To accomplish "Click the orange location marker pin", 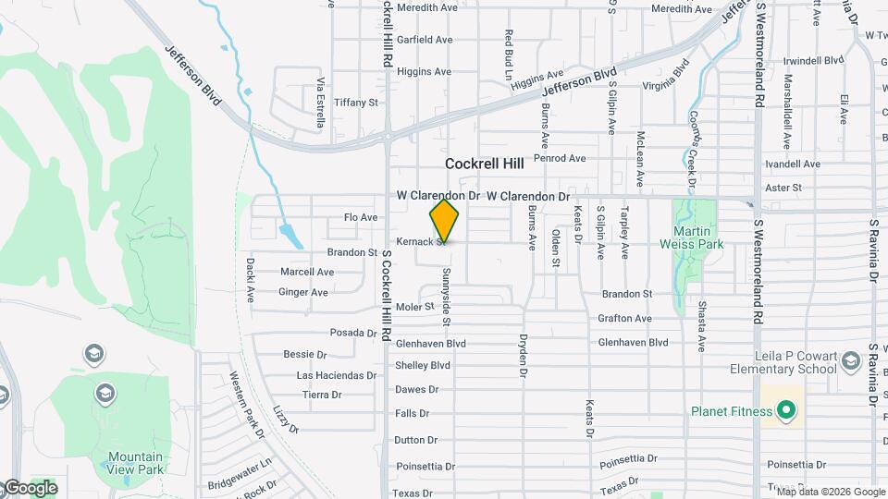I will click(445, 221).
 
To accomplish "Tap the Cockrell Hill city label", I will click(484, 164).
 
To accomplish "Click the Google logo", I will click(30, 488).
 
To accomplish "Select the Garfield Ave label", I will click(425, 40).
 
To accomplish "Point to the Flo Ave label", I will click(361, 217).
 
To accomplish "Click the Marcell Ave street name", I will click(307, 273).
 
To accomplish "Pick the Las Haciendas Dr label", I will click(336, 376).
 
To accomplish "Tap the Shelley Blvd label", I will click(423, 365).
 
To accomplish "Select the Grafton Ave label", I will click(624, 319).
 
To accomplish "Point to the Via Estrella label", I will click(321, 95).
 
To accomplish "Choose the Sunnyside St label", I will click(446, 296).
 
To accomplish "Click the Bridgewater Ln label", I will click(240, 460).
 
